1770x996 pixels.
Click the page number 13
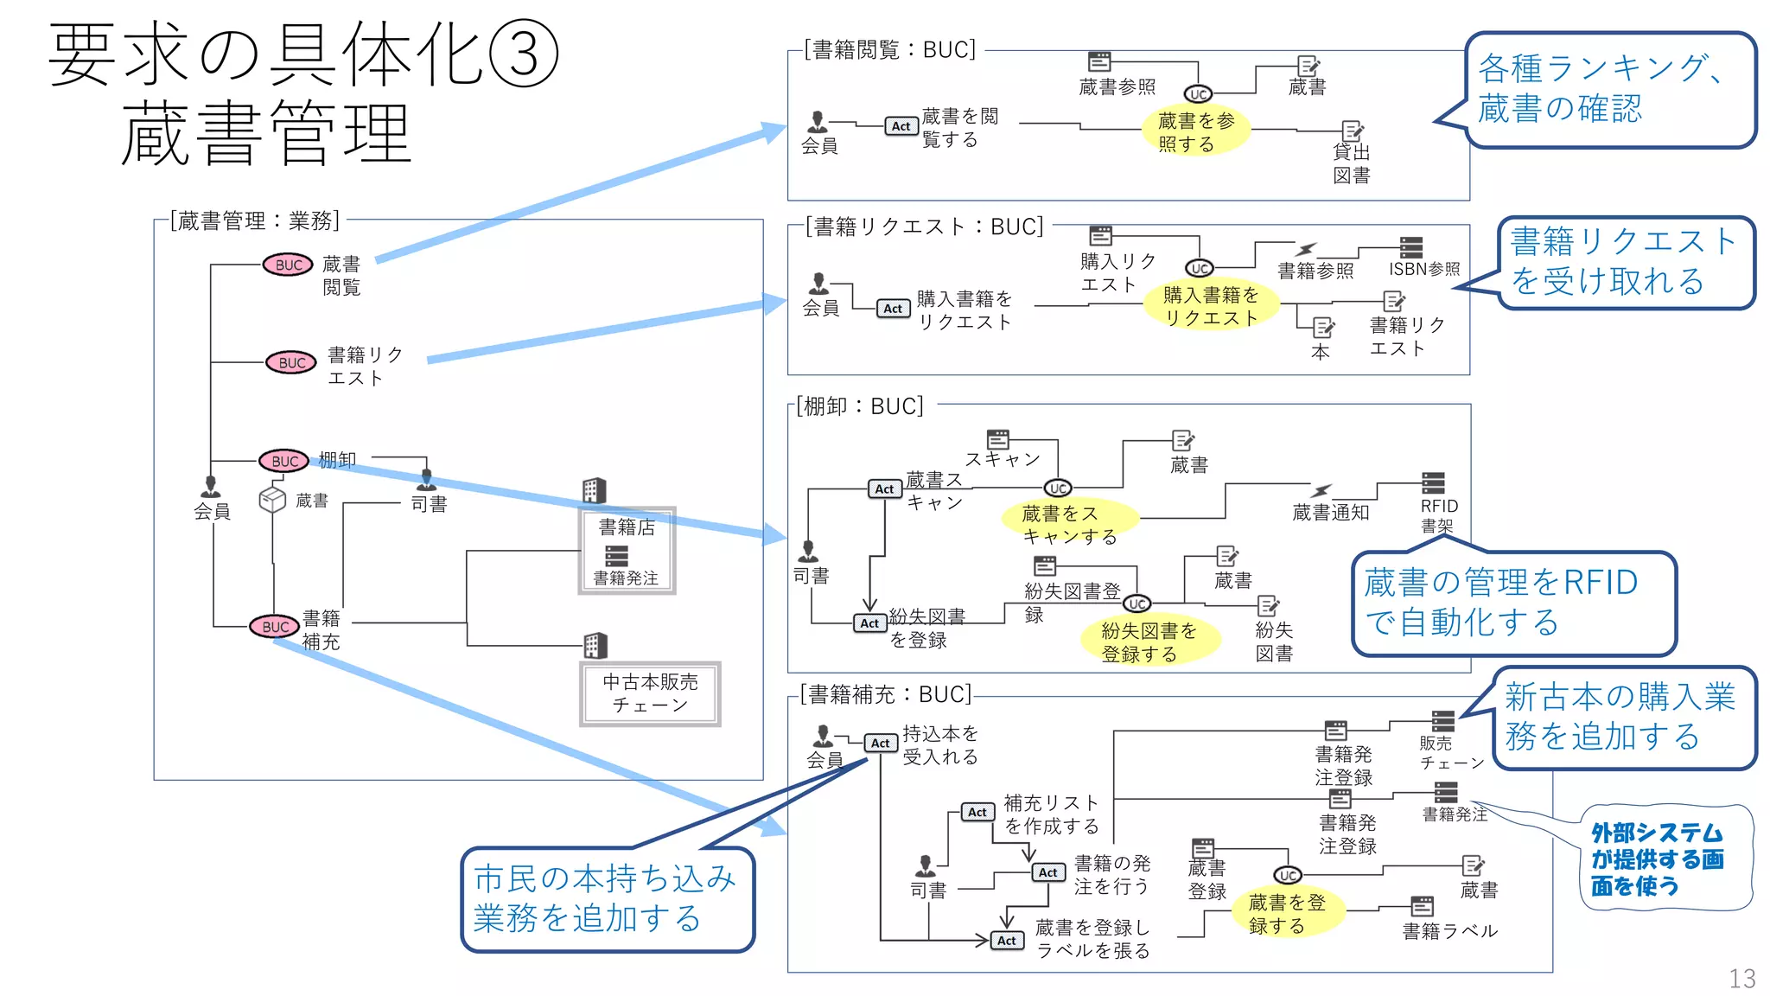[x=1741, y=978]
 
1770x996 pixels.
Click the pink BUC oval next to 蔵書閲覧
[x=289, y=265]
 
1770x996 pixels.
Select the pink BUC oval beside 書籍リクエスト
[x=291, y=362]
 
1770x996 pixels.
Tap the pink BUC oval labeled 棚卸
[x=284, y=461]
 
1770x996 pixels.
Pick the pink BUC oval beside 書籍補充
[x=275, y=626]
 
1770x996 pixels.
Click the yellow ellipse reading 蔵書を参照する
[x=1196, y=131]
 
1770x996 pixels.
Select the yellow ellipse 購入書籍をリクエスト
[x=1210, y=306]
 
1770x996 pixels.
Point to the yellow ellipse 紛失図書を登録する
[x=1149, y=642]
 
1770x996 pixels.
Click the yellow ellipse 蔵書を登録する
[x=1286, y=914]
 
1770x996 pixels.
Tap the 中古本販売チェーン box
[x=650, y=693]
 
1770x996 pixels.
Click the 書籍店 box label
[x=627, y=527]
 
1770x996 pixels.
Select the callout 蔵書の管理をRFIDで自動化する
[x=1512, y=603]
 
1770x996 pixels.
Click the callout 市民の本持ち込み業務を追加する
[x=607, y=898]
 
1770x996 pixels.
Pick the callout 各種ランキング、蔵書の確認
[x=1610, y=89]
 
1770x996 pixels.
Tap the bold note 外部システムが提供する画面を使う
[x=1658, y=859]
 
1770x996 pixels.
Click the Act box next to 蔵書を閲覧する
[x=901, y=126]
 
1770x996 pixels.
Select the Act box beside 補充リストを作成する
[x=977, y=812]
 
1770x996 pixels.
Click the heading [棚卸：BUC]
[x=860, y=405]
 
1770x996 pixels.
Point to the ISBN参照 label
[x=1423, y=269]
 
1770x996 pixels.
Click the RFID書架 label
[x=1438, y=515]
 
